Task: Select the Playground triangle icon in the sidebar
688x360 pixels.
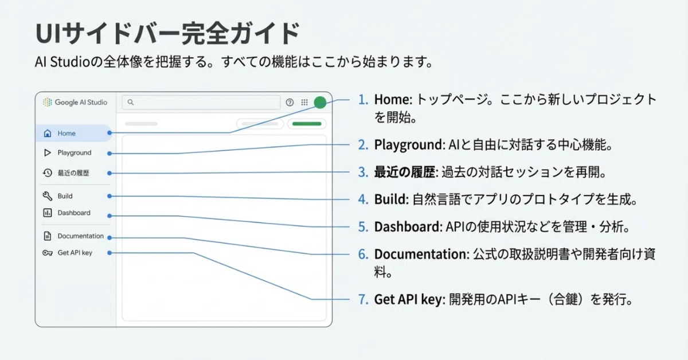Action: (47, 152)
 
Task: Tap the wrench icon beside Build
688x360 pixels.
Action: (47, 196)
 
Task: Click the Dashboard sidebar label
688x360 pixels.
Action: (74, 213)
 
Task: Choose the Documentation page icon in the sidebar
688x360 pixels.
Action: (47, 236)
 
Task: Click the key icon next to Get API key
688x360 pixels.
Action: (47, 253)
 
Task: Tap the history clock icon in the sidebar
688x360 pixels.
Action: (47, 173)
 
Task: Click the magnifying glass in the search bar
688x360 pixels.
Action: (131, 102)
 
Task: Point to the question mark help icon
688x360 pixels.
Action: (290, 102)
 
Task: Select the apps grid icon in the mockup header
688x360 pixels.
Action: (304, 102)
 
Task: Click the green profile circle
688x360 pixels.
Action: (320, 102)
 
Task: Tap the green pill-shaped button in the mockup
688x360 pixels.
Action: (307, 124)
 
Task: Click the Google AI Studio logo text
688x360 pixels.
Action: (81, 102)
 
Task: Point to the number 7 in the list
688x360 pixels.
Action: (363, 299)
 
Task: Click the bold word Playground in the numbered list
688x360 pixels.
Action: (409, 144)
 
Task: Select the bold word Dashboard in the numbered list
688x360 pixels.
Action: (408, 226)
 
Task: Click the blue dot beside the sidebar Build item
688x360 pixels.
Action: (110, 196)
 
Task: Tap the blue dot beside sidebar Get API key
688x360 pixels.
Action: (110, 253)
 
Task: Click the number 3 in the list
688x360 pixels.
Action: (363, 172)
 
